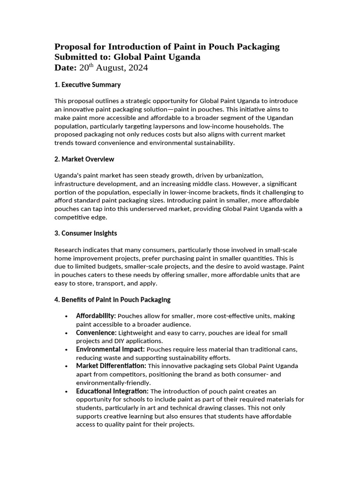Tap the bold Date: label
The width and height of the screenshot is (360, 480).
pos(66,68)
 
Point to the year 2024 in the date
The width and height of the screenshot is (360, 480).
pos(139,68)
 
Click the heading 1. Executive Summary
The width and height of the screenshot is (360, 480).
pos(88,85)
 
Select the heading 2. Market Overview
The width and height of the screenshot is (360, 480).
pos(84,159)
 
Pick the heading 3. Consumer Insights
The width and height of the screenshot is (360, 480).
pos(86,233)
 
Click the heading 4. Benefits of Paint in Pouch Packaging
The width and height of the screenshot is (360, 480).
pos(112,300)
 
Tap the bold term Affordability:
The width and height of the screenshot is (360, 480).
pos(96,316)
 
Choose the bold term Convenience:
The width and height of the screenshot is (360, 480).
pos(96,333)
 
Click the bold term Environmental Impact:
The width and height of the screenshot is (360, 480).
pos(111,349)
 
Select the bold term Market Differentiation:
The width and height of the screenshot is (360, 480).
pos(111,366)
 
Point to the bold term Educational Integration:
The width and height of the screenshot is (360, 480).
pos(112,391)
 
